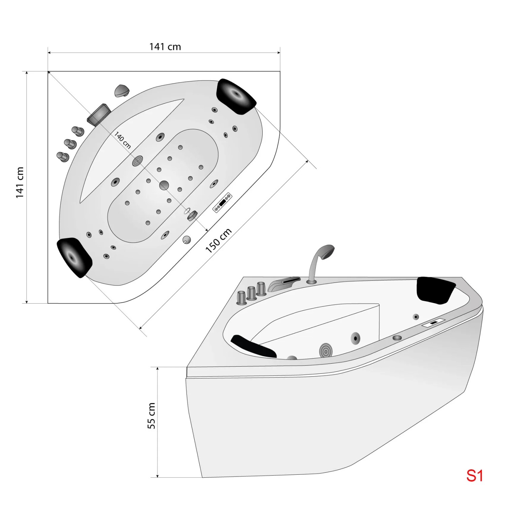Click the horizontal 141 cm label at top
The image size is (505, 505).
click(x=165, y=47)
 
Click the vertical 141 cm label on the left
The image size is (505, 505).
click(x=20, y=182)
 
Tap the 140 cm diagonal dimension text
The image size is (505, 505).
click(x=123, y=140)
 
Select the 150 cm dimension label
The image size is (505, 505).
click(x=218, y=240)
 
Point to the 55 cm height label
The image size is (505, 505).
click(x=151, y=415)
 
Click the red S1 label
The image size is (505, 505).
click(x=475, y=476)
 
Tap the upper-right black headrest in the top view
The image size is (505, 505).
click(x=237, y=97)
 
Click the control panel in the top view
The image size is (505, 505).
click(x=222, y=202)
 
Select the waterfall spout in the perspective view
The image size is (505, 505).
click(x=283, y=284)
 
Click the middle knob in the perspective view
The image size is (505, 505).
click(x=251, y=293)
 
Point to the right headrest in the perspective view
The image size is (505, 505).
click(x=436, y=290)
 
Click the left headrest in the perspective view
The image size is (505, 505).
click(x=254, y=345)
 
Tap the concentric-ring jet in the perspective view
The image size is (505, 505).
click(x=326, y=350)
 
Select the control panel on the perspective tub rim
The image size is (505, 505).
click(x=434, y=323)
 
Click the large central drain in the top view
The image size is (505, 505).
click(x=164, y=185)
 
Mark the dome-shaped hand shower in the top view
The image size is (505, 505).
click(x=121, y=90)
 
